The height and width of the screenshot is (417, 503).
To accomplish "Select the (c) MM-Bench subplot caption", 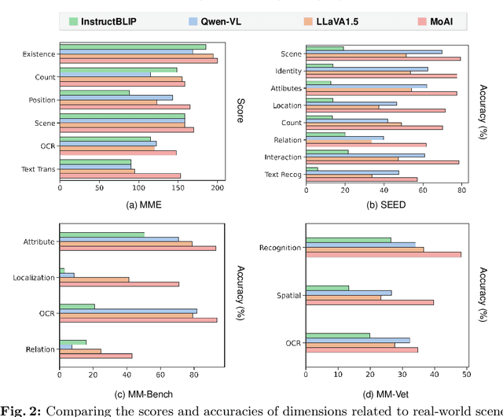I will [138, 393].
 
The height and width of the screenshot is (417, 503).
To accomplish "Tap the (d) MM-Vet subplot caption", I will [383, 393].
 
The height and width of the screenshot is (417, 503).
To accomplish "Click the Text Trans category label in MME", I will [35, 169].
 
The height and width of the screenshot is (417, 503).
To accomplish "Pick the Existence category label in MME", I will [36, 54].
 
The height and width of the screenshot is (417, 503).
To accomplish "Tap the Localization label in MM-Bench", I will [33, 277].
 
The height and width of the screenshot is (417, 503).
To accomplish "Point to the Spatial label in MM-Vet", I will [288, 296].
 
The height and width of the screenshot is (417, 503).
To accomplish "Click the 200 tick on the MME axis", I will [218, 187].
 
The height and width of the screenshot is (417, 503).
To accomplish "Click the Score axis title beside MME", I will [240, 109].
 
